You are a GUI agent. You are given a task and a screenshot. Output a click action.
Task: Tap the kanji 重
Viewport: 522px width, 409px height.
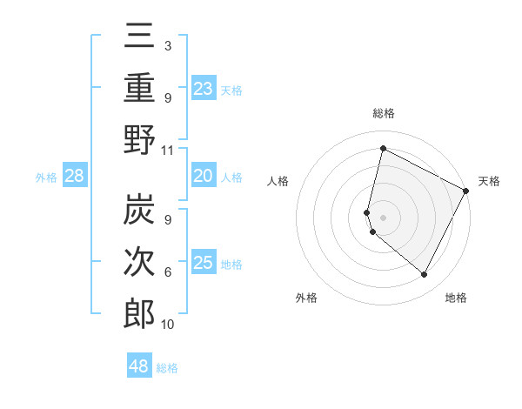pos(139,91)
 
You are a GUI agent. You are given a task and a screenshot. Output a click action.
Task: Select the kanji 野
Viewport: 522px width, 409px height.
pos(139,140)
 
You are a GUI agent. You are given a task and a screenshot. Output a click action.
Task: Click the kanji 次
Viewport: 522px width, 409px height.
pos(139,263)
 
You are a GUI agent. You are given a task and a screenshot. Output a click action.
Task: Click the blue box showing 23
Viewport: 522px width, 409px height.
pos(204,89)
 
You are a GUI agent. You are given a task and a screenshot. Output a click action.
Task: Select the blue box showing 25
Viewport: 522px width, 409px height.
pos(204,263)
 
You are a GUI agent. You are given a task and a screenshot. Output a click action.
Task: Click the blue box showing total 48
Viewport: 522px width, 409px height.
pos(139,366)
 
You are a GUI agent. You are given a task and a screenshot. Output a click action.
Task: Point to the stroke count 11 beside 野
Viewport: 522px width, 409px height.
pos(168,151)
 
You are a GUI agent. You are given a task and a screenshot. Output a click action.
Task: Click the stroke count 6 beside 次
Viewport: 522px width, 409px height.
pos(168,272)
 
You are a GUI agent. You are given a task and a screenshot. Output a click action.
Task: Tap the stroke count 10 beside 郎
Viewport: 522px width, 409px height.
pos(168,325)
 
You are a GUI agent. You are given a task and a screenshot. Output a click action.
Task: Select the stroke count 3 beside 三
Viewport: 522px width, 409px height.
pos(167,45)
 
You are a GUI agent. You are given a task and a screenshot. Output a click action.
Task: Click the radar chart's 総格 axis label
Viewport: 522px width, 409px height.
pos(383,114)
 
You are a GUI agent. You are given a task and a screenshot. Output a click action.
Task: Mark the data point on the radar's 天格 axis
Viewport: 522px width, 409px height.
pos(466,191)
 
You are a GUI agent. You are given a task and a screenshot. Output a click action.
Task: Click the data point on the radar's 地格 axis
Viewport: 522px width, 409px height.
pos(425,275)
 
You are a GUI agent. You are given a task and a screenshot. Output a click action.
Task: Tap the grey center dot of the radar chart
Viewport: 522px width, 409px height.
pos(383,217)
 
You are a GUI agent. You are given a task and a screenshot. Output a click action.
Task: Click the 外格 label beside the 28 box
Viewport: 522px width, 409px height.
pos(46,178)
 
